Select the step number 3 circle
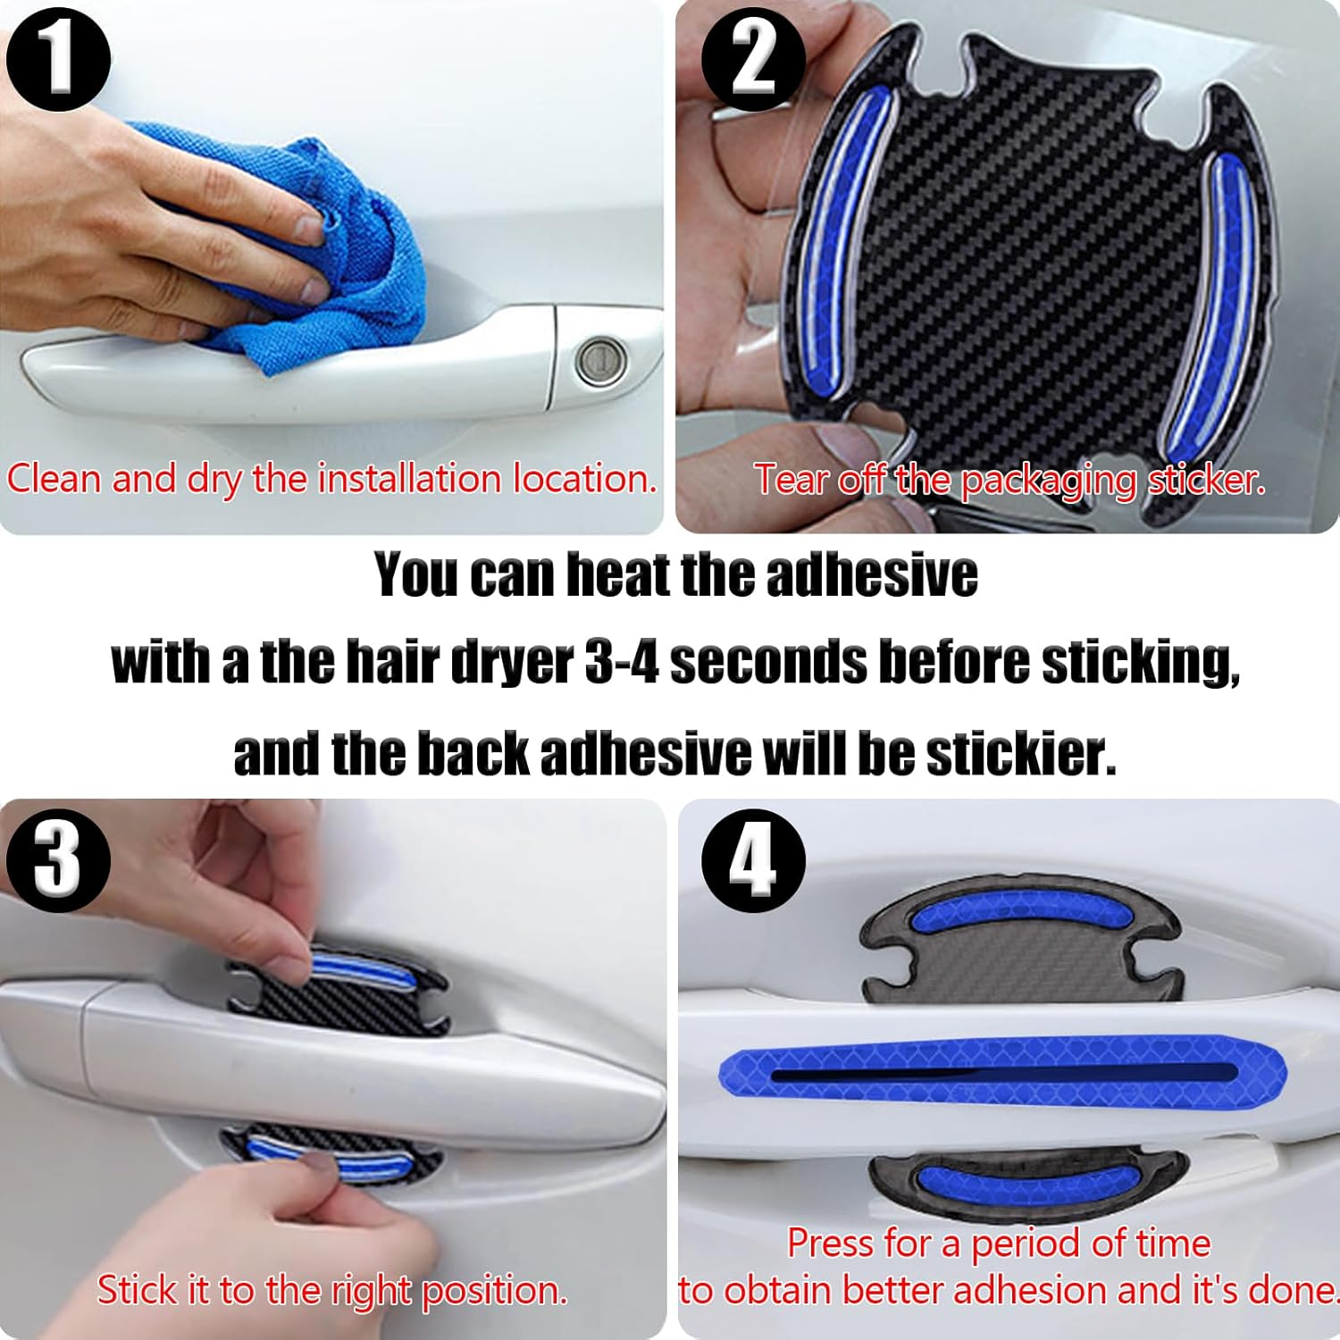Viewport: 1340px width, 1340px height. point(58,860)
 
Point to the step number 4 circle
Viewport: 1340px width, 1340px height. point(753,860)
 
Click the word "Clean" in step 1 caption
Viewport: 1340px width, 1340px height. point(55,479)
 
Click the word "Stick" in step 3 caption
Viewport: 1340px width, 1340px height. point(134,1290)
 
